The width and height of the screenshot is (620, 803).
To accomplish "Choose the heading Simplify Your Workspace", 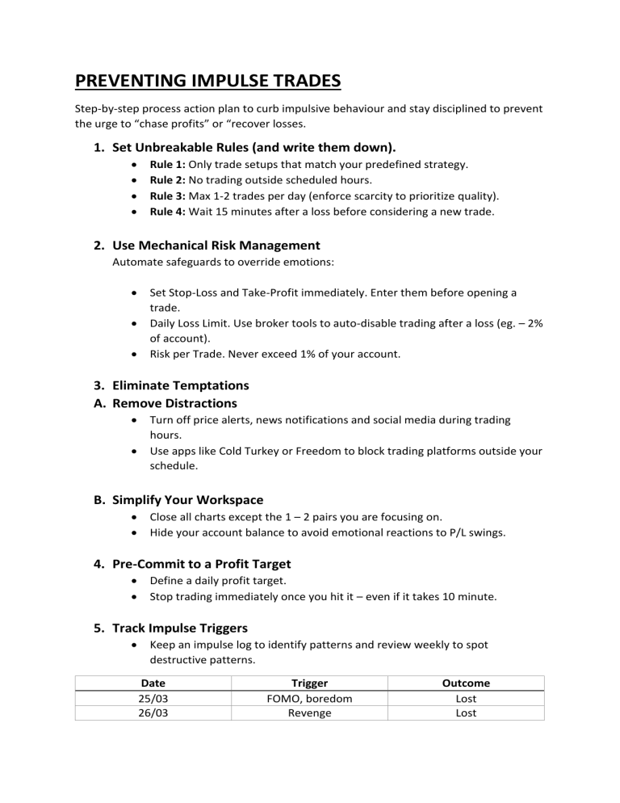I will click(188, 500).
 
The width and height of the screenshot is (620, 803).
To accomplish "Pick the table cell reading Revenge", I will click(308, 713).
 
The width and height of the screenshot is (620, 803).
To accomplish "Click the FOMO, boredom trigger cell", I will click(308, 698).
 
